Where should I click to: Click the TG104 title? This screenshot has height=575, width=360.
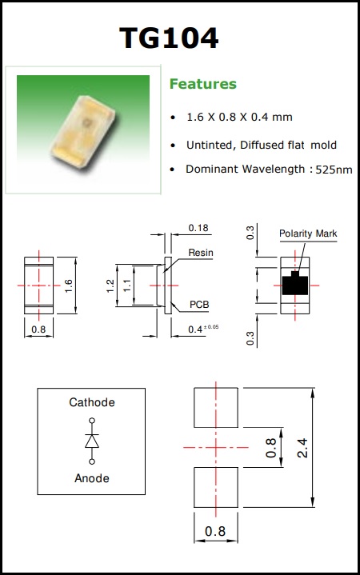(x=169, y=38)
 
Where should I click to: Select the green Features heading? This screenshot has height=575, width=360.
(x=203, y=84)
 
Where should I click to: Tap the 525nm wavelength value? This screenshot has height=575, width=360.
(x=334, y=170)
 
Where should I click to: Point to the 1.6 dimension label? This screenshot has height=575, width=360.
(x=69, y=286)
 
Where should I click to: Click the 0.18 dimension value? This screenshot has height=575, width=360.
(x=198, y=228)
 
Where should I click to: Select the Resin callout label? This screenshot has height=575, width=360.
(x=201, y=253)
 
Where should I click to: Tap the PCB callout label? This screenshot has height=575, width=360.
(x=199, y=305)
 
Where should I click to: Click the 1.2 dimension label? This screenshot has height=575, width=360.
(x=110, y=286)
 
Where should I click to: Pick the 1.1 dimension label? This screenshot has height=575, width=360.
(x=127, y=286)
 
